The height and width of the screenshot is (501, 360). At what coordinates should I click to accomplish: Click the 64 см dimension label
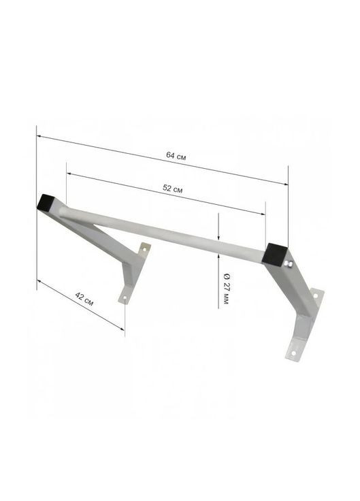point(176,156)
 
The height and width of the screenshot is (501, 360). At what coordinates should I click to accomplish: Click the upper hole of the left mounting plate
point(144,251)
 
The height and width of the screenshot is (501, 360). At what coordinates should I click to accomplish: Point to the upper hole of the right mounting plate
point(315,295)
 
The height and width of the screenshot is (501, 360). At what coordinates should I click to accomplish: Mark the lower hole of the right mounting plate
point(293,353)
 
